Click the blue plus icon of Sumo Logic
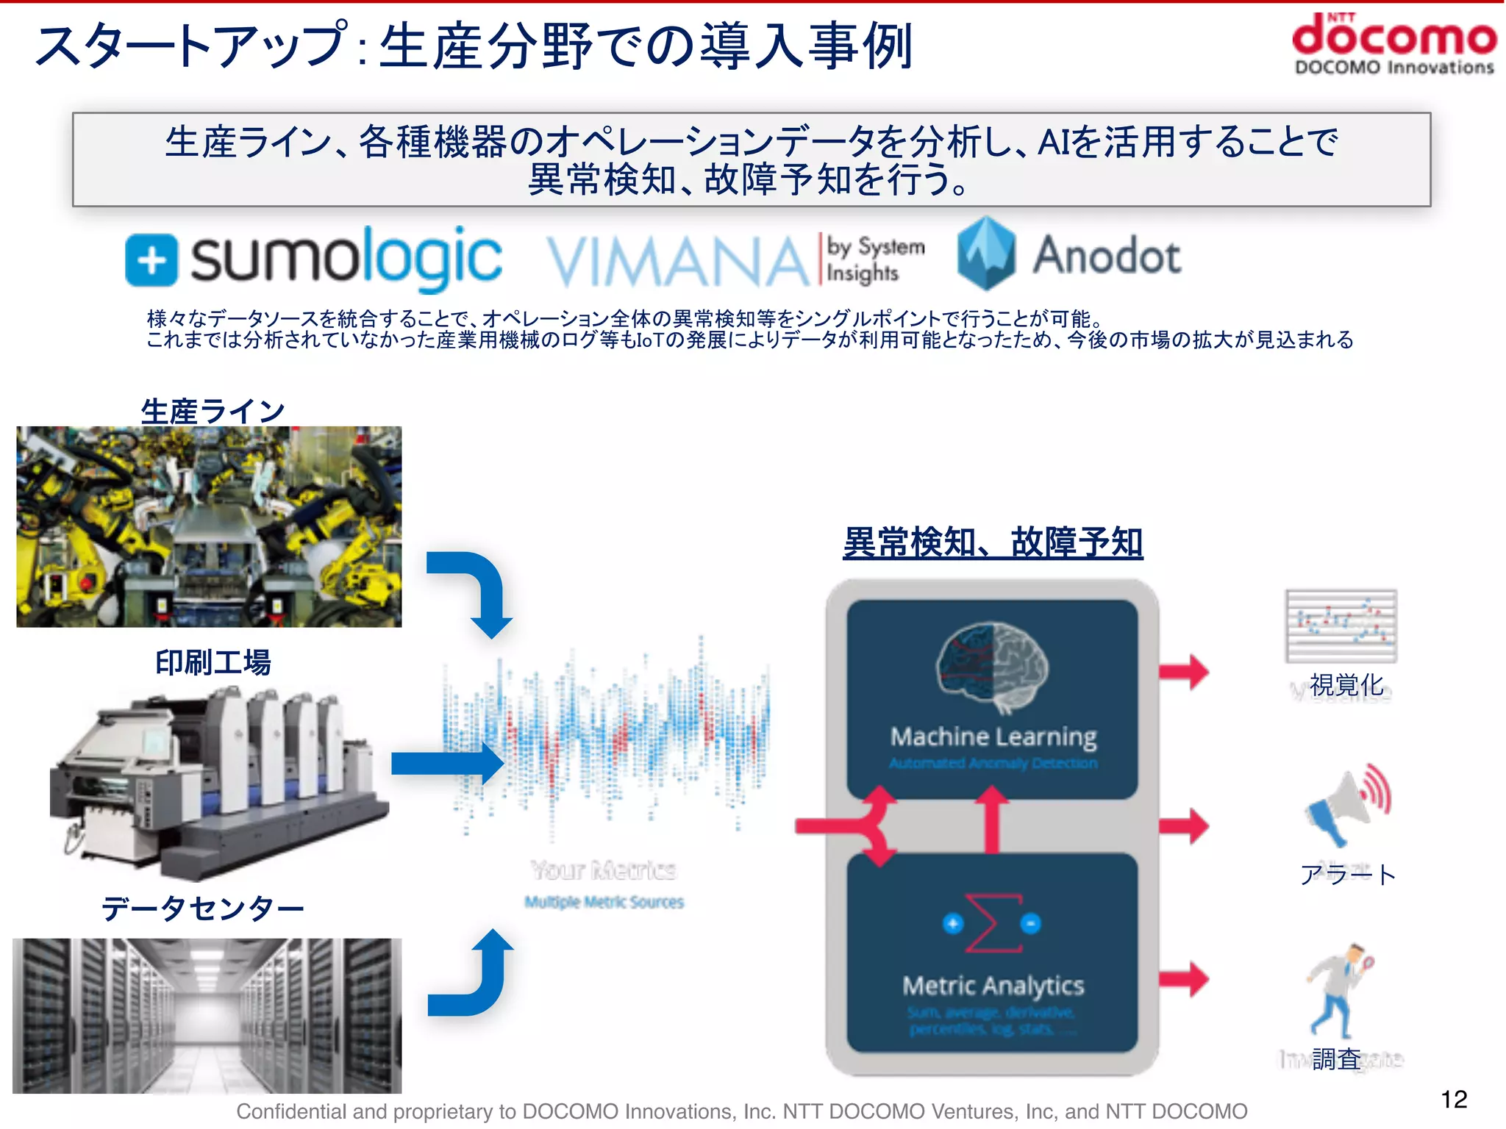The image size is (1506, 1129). click(x=151, y=259)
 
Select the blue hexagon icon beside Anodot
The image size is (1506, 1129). click(x=987, y=253)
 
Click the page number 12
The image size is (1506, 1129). click(x=1454, y=1099)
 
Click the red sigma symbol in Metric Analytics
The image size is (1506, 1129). click(x=992, y=923)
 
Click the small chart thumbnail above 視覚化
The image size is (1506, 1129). click(x=1341, y=626)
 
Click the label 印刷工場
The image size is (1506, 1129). click(x=213, y=662)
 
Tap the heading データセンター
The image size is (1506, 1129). click(x=202, y=909)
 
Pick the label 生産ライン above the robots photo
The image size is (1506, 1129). click(x=213, y=411)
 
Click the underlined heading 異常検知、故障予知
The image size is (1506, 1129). click(x=992, y=543)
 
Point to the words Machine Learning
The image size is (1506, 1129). click(x=993, y=736)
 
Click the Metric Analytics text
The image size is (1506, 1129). click(x=993, y=986)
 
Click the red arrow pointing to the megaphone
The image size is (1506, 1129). click(x=1183, y=826)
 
